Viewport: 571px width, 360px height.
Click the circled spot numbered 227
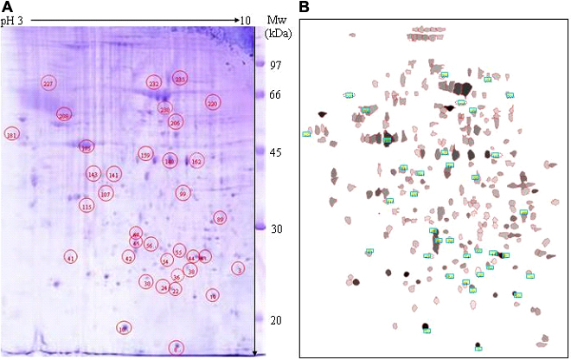(48, 84)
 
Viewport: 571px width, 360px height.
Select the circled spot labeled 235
(180, 80)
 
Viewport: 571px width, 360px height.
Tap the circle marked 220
(212, 103)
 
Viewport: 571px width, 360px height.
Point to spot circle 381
(11, 135)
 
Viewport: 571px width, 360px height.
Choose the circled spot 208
(63, 114)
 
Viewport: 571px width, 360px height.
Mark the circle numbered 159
(144, 155)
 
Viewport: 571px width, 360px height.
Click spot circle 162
(196, 161)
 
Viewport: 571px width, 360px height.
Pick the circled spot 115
(87, 206)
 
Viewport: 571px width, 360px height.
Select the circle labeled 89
(220, 219)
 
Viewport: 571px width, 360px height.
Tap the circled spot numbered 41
(71, 257)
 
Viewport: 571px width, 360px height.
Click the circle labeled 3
(238, 268)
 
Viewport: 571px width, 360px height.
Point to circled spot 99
(183, 194)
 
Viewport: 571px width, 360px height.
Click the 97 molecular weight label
(276, 66)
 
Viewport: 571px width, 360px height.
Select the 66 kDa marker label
(276, 94)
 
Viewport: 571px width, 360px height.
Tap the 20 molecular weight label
(276, 320)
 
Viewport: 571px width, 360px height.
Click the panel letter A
(8, 8)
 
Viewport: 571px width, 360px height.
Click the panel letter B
(304, 8)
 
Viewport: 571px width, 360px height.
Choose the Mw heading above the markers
(280, 20)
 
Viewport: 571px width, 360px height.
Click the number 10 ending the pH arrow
(246, 20)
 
